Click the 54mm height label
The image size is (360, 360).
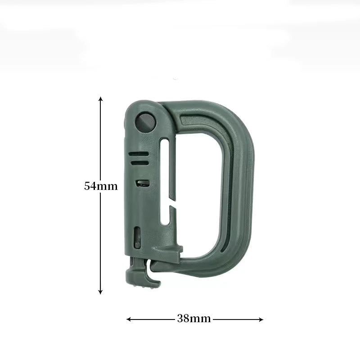click(100, 186)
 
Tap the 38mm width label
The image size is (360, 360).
click(194, 319)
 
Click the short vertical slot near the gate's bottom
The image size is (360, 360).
click(137, 235)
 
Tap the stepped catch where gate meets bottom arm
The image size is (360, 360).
click(180, 247)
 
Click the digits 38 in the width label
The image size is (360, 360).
click(183, 319)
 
